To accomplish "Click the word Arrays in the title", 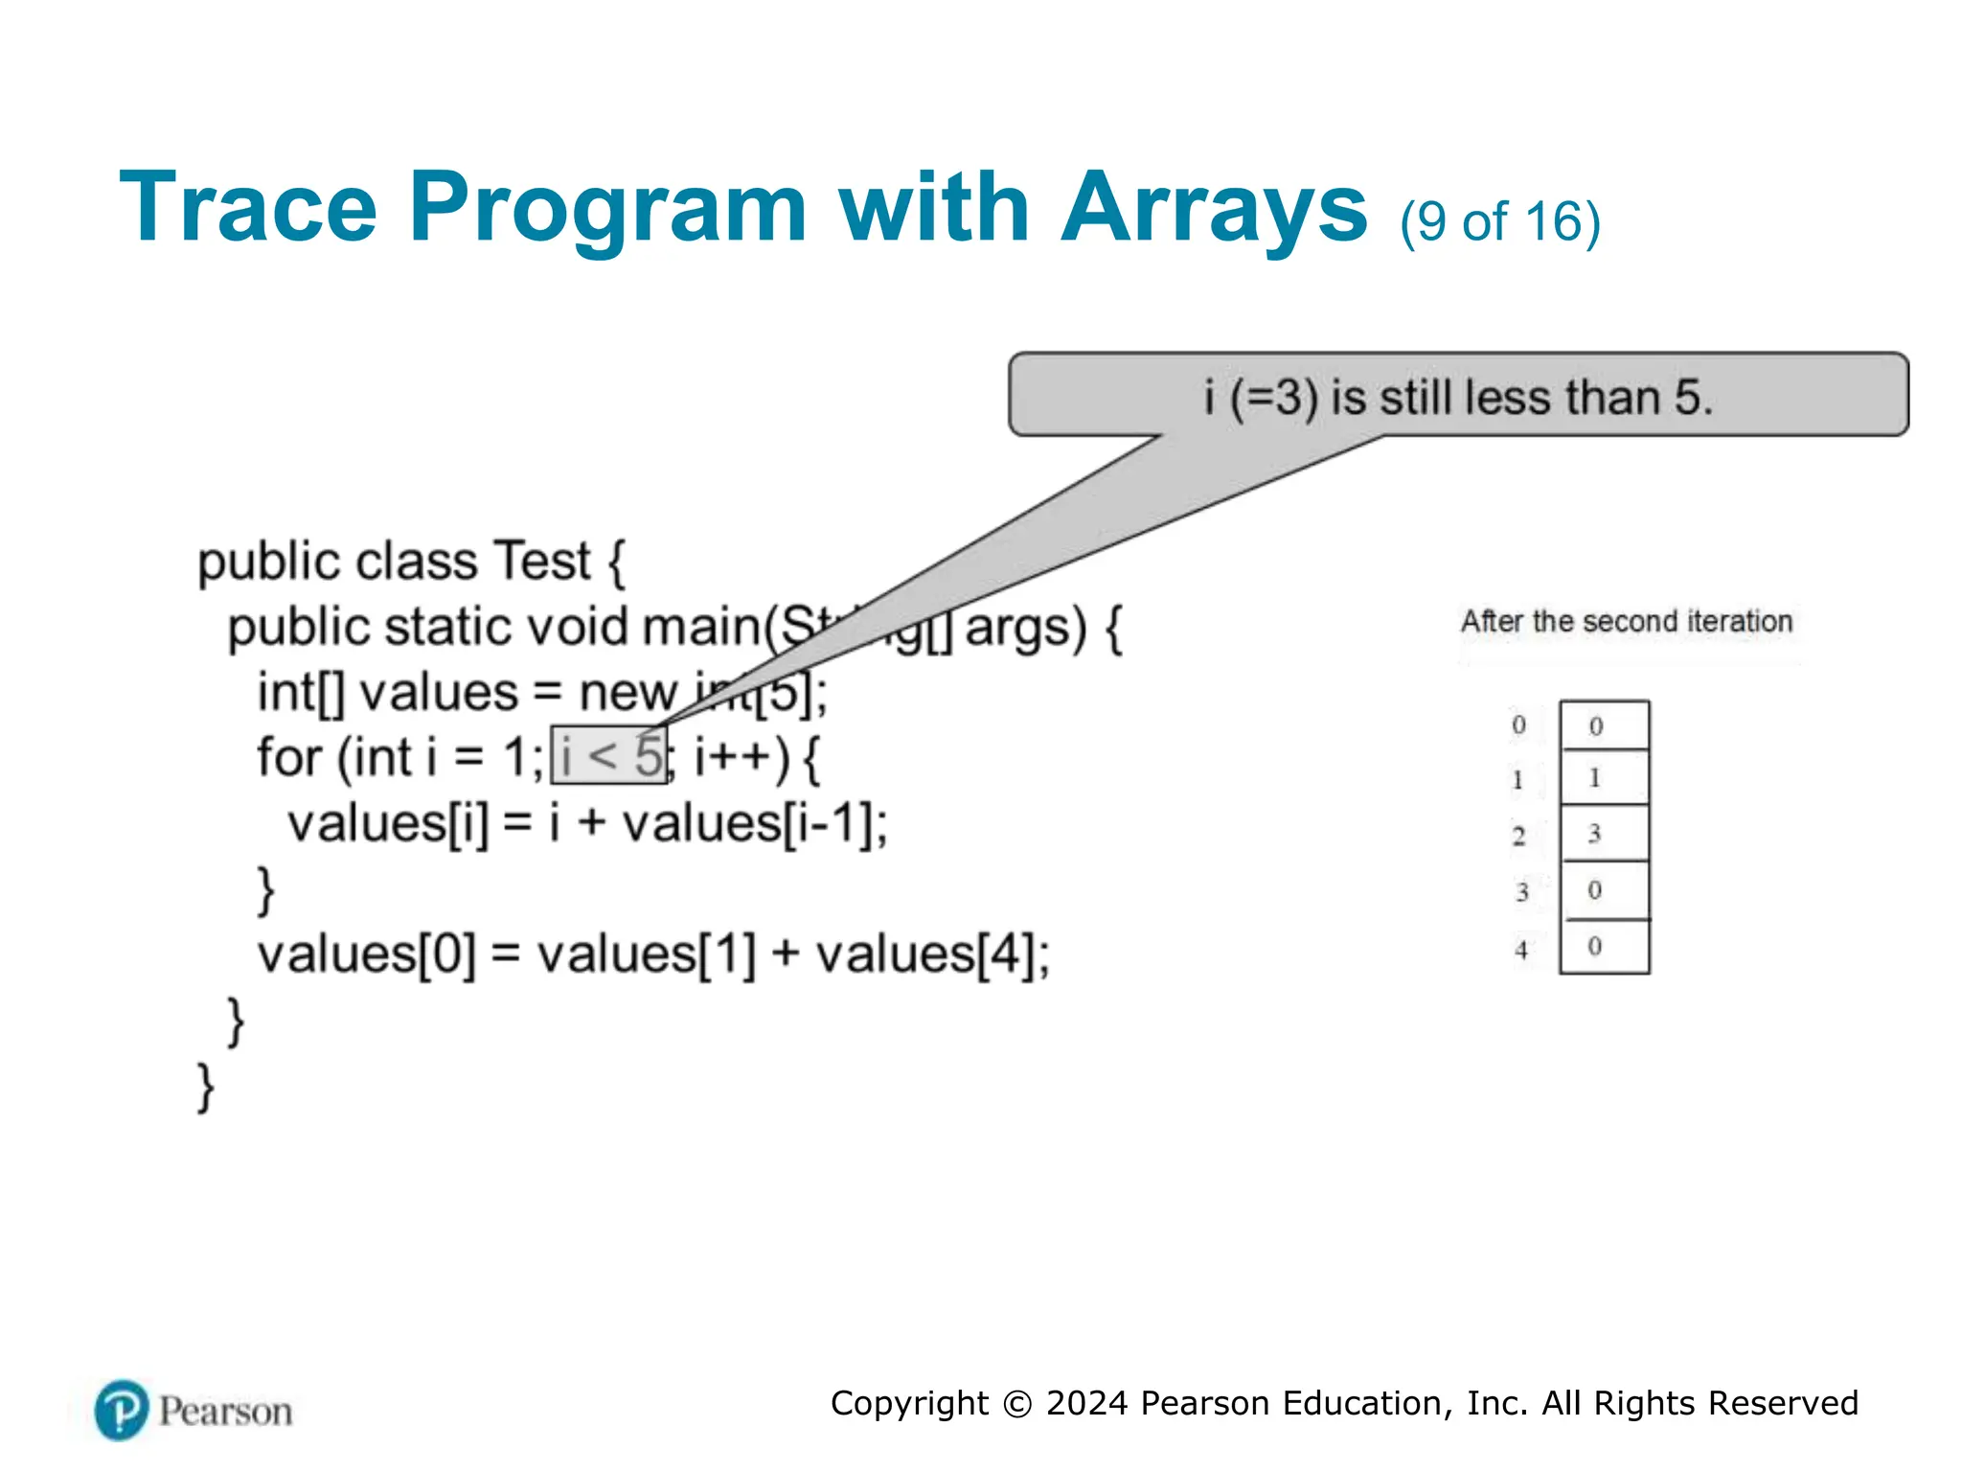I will (1215, 209).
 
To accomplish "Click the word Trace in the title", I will (248, 209).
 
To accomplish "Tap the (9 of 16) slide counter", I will (1499, 222).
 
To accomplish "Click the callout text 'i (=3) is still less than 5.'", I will (1457, 397).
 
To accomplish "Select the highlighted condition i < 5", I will (609, 756).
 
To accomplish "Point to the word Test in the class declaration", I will (540, 562).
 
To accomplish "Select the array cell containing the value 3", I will (1604, 833).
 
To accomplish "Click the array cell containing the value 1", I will (1604, 777).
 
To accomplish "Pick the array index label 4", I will (1521, 950).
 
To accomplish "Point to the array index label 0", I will (1518, 724).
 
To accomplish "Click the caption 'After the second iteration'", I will (1626, 622).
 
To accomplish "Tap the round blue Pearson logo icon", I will (122, 1410).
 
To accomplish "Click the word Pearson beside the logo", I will (225, 1412).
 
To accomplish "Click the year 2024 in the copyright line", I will (1087, 1403).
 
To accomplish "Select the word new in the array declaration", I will (627, 693).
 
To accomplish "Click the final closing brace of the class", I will (205, 1087).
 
